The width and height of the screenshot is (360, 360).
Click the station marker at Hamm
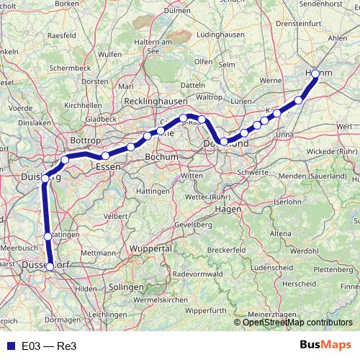[315, 74]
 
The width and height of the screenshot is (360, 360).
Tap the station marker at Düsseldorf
[50, 266]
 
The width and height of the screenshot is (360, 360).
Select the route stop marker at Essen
[105, 156]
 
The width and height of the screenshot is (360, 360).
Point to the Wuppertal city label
[152, 248]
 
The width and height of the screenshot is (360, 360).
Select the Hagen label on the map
[228, 209]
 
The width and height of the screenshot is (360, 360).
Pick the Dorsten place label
[94, 82]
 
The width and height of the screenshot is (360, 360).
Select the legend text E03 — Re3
[48, 345]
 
